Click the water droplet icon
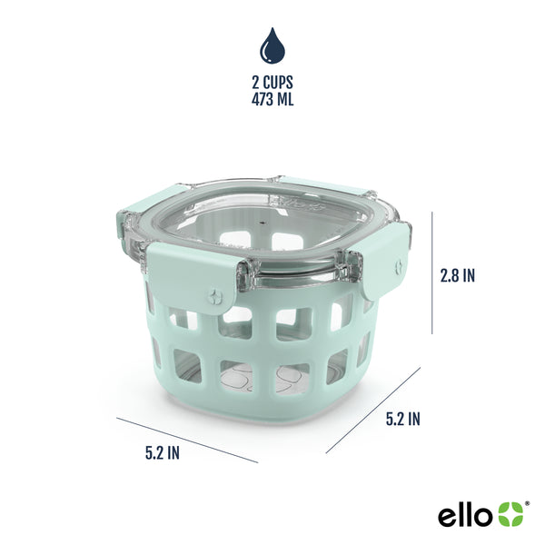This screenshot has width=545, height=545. (x=272, y=45)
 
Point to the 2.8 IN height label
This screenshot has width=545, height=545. (x=456, y=275)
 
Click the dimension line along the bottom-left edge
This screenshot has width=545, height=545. (x=187, y=439)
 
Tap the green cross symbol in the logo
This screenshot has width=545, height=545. (x=510, y=515)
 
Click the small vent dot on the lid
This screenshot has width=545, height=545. (x=264, y=221)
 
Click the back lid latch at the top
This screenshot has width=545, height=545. (x=322, y=185)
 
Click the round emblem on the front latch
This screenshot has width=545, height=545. (x=214, y=295)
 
